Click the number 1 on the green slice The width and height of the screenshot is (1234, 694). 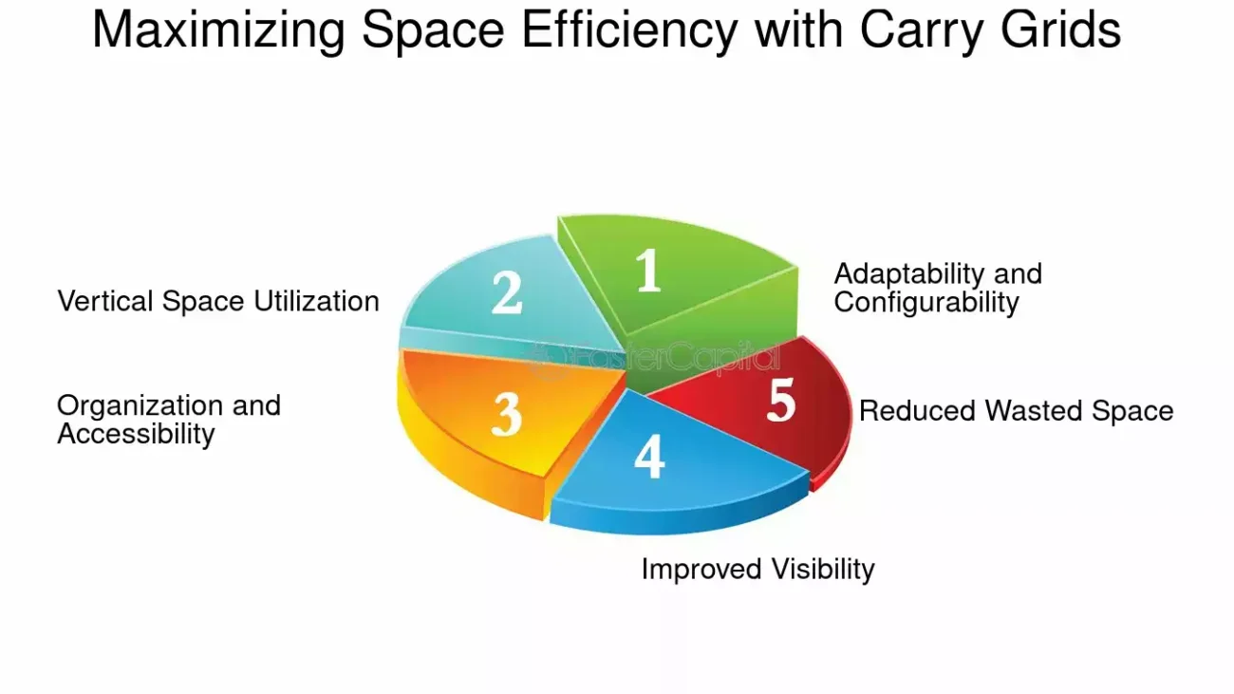(649, 270)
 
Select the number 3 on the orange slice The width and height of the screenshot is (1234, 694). (507, 416)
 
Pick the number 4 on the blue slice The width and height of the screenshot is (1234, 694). (649, 457)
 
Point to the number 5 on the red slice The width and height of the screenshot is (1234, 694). (781, 400)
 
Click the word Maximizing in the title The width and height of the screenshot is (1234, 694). (218, 29)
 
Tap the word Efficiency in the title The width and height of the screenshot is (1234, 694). (629, 29)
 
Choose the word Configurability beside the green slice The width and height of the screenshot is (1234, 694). (926, 303)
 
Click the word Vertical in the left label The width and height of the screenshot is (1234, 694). (105, 301)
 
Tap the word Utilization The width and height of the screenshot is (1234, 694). (316, 301)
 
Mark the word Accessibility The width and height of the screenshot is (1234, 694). (136, 435)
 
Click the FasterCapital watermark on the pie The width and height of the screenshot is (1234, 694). (656, 359)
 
